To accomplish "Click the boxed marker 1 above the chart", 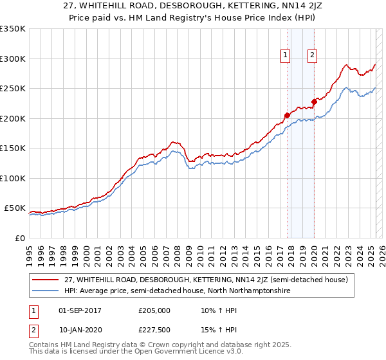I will coord(285,55).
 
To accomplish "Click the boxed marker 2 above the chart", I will coord(312,55).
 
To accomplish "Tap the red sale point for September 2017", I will coord(287,116).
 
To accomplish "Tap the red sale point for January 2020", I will coord(314,102).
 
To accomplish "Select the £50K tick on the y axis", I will coord(15,208).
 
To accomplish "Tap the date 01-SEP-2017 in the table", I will coord(80,310).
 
